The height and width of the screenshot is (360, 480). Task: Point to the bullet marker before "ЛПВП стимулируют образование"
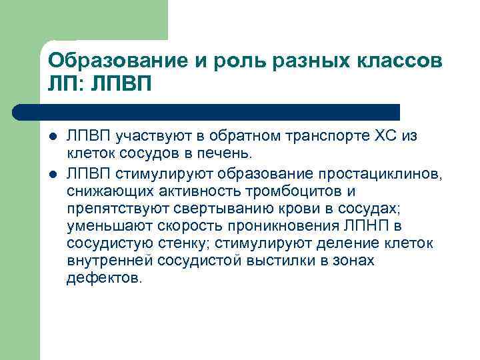point(53,175)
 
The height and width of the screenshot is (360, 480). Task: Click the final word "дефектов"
point(103,278)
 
